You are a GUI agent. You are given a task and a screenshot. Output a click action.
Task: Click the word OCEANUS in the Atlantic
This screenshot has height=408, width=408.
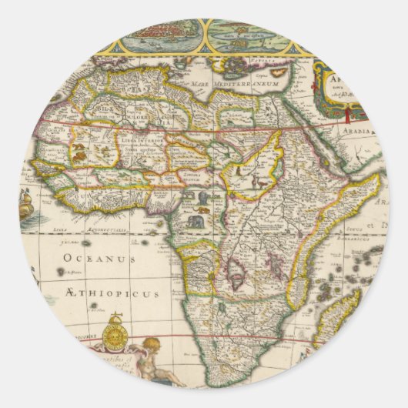84,259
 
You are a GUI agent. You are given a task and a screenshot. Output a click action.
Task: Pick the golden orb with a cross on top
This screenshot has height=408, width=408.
115,333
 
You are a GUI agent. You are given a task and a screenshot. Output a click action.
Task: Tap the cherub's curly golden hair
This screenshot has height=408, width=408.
152,344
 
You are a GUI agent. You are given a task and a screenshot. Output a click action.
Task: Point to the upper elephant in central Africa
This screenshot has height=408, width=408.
202,198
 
